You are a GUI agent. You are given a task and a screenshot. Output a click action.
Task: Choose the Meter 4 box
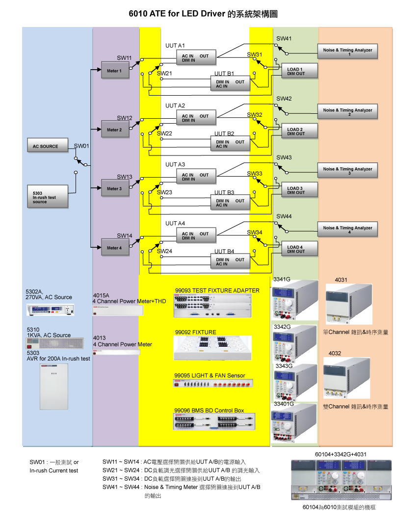(x=114, y=248)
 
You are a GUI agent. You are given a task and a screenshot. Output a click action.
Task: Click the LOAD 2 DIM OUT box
(x=299, y=131)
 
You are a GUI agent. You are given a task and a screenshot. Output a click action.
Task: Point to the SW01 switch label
(x=82, y=146)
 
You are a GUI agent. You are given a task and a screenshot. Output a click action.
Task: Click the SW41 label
(x=284, y=38)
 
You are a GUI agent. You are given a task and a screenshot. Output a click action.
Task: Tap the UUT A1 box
(x=197, y=58)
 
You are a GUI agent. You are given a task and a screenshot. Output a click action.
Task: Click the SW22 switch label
(x=165, y=133)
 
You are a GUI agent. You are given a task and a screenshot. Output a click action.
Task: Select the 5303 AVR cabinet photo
(x=54, y=387)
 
